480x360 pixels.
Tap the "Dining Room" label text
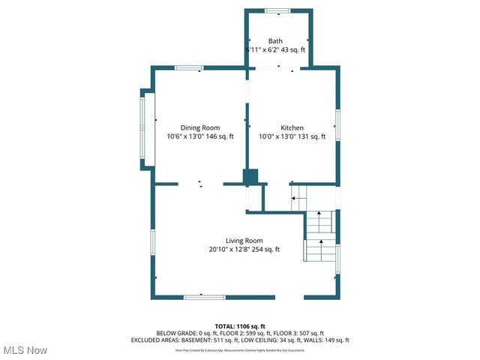[x=199, y=127]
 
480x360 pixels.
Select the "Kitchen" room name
[x=292, y=127]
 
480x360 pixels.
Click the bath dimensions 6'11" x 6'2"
[x=263, y=49]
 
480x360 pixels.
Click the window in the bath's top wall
[x=277, y=10]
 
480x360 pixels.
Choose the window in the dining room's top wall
[x=190, y=68]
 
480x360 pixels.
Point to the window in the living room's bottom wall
[x=205, y=297]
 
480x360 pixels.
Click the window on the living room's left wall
[x=153, y=247]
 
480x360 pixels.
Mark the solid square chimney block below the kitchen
[x=250, y=176]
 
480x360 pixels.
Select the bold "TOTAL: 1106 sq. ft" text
[x=240, y=326]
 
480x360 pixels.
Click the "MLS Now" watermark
[x=26, y=350]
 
